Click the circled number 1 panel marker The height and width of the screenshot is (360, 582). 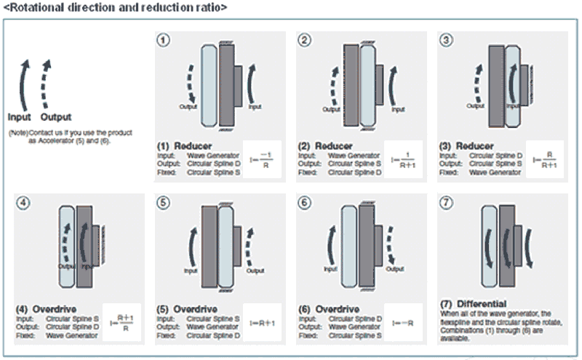click(x=164, y=39)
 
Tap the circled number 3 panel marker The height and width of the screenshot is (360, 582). click(x=447, y=39)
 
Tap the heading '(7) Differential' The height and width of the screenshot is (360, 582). click(x=474, y=303)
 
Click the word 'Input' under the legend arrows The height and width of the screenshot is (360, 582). click(x=20, y=116)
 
